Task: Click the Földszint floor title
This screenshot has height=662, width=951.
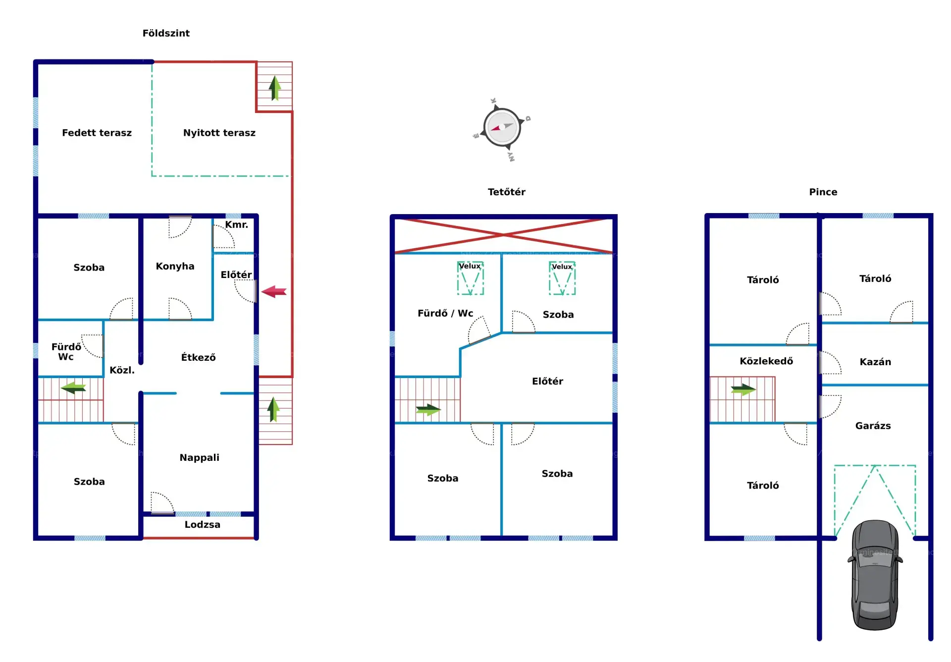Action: tap(166, 33)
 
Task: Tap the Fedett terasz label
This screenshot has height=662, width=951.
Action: tap(97, 133)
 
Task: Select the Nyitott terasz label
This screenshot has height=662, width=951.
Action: tap(219, 133)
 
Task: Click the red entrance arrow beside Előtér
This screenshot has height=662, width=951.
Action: tap(274, 291)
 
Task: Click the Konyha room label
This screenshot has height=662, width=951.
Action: tap(175, 266)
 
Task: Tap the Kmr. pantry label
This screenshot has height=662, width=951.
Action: tap(236, 224)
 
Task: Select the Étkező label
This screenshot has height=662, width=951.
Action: tap(198, 357)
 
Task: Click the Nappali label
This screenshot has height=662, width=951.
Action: tap(199, 457)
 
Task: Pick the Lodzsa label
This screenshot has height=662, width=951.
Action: tap(202, 524)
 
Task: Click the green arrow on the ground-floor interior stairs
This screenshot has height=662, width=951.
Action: tap(73, 387)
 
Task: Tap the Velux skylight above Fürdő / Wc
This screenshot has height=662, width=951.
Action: tap(470, 278)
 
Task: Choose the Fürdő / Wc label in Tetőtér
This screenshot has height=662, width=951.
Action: tap(445, 313)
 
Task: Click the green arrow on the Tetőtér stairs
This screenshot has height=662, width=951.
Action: tap(428, 410)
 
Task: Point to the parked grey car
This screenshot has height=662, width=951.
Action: tap(875, 575)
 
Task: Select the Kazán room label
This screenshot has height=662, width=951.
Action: tap(875, 362)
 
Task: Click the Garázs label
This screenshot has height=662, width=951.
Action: tap(873, 426)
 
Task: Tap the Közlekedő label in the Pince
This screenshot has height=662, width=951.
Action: tap(766, 361)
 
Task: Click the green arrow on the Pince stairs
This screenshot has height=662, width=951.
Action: tap(743, 389)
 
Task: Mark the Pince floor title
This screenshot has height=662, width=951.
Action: tap(823, 192)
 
